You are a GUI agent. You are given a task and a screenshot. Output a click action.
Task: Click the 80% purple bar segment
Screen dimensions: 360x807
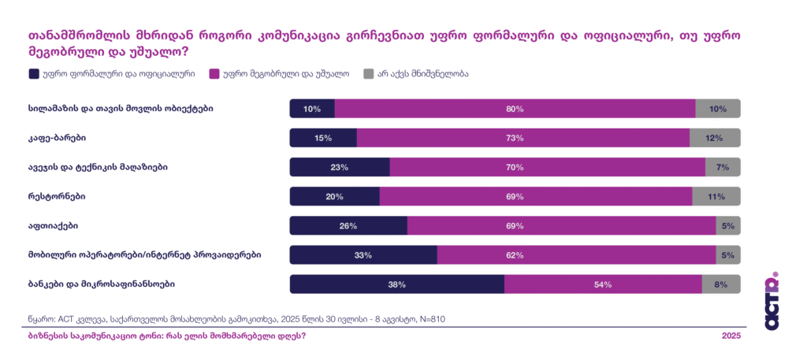515,109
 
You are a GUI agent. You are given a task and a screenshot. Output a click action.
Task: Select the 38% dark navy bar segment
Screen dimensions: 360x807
397,284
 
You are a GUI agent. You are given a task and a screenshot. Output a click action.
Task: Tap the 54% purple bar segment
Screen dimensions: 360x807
603,284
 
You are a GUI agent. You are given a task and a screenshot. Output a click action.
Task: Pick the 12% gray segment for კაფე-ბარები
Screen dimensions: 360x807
715,138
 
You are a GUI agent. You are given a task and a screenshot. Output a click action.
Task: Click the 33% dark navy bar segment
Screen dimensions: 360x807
363,255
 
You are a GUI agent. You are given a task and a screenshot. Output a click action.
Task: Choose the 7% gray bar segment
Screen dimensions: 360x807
723,167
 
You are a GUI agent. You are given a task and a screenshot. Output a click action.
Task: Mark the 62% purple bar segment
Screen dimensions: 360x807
576,255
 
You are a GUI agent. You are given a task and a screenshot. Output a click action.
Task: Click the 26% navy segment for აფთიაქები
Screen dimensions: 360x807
348,226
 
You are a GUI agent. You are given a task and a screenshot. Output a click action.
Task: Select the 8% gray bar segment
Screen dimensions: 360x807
721,284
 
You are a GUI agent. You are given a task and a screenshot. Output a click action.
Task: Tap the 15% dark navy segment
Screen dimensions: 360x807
323,138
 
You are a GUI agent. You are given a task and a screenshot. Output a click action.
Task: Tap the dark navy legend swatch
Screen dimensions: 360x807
34,74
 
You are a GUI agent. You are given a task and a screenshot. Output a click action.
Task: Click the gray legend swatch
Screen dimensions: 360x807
369,74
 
